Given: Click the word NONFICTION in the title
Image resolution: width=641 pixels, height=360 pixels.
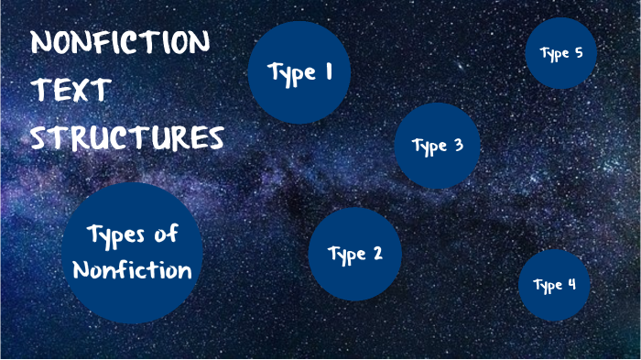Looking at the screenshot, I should (120, 44).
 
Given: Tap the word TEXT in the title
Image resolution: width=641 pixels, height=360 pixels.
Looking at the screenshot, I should (71, 92).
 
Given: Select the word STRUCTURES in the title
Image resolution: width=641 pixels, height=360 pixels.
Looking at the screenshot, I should (127, 139).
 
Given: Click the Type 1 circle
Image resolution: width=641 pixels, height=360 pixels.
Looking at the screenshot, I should (299, 72).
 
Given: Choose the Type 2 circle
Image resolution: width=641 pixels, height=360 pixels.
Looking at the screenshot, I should (355, 255).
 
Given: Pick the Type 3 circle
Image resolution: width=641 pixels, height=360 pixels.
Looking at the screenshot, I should (438, 146).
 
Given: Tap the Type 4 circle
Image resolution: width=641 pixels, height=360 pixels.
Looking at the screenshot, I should (553, 285).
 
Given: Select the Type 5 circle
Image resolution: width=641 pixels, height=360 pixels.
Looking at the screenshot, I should (561, 53).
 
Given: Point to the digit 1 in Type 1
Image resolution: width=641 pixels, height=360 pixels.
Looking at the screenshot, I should (327, 72).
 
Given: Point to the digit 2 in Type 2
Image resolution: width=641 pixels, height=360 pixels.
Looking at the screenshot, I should (376, 254).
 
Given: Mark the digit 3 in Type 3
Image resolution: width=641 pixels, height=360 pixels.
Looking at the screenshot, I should (458, 145).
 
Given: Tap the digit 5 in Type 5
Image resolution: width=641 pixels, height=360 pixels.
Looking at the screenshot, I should (579, 52).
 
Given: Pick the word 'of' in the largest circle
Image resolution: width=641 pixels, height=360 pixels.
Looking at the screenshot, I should (166, 235).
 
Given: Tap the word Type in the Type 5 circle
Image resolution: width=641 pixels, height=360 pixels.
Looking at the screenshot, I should (555, 54).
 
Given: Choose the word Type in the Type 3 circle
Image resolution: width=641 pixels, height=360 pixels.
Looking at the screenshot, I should (429, 147).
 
